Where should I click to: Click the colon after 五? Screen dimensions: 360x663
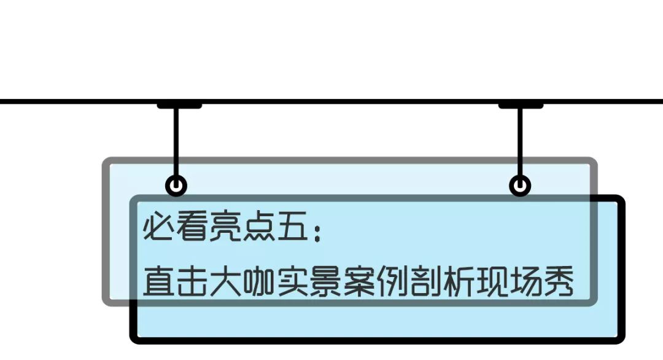click(317, 232)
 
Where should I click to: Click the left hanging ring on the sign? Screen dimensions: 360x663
click(176, 185)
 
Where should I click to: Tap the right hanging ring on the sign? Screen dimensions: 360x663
click(520, 185)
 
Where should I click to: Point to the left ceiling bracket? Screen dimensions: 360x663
click(179, 106)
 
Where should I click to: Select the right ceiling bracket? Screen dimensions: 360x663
click(521, 106)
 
